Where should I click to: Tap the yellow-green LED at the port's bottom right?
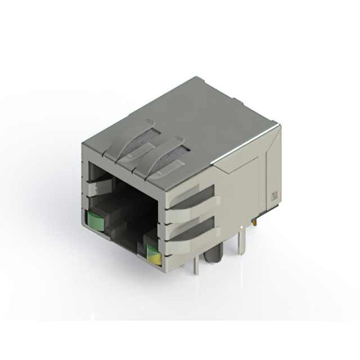pos(153,255)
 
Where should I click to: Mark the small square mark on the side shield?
pos(275,196)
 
